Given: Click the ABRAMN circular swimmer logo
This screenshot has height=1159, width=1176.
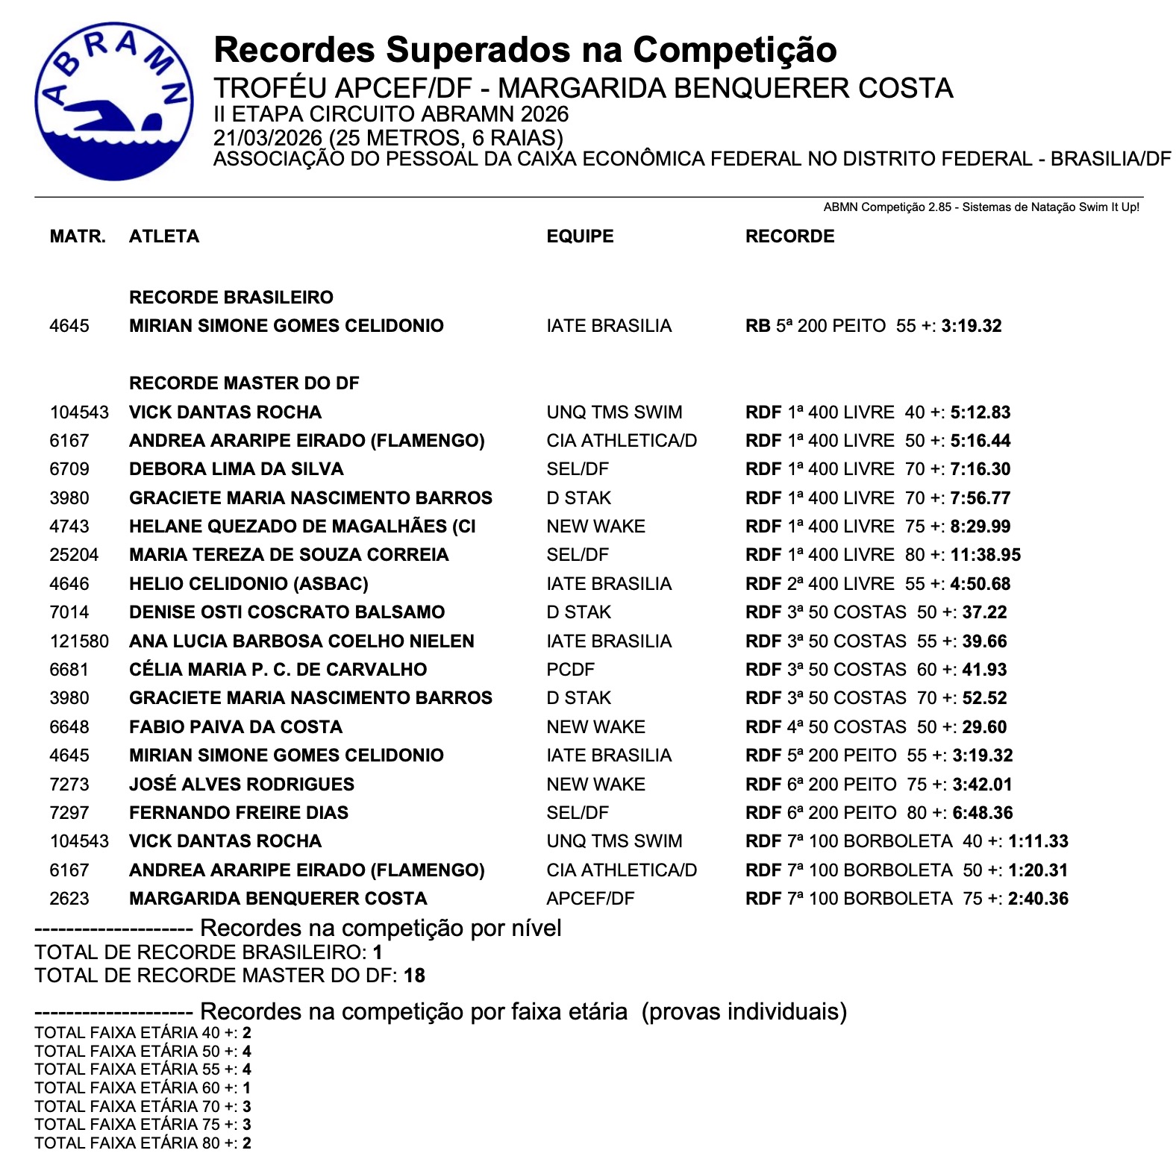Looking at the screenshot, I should pos(113,101).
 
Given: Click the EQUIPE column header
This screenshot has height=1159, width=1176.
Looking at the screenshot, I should pos(580,236).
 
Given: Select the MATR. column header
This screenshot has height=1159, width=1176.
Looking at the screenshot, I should pos(78,236).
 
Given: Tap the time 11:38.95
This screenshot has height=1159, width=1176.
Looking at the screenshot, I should pos(985,555).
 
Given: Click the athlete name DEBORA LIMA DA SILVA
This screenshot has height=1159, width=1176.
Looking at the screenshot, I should pos(236,469).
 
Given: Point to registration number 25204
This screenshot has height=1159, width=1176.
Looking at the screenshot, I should pos(74,555).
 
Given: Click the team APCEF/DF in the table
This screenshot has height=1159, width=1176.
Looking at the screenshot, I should pos(590,899).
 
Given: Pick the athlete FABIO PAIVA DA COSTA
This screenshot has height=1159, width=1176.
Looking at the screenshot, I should pos(236,727).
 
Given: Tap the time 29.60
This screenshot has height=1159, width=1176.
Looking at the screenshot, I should pos(984,727).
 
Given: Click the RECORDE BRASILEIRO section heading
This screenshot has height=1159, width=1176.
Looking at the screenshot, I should pos(231,298).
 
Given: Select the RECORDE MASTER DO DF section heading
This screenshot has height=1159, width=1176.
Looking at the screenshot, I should pos(244,383).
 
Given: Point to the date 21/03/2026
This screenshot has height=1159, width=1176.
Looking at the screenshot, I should pos(268,138).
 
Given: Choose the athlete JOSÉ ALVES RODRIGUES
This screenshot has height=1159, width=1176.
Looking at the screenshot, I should pos(242,785).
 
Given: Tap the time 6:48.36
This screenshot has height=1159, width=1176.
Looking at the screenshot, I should pos(982,813).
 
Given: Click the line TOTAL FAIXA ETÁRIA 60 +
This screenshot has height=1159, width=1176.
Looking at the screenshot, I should pos(142,1088).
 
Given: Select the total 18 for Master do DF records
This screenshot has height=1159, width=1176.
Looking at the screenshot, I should pos(414,976).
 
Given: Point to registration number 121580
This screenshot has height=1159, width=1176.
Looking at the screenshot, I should pos(79,641).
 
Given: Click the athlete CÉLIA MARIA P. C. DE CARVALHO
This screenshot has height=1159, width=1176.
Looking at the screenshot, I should pos(278,670).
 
